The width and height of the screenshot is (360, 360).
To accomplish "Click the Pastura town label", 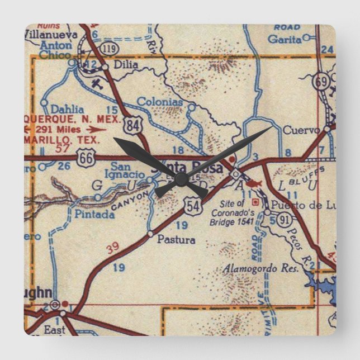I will click(x=176, y=240).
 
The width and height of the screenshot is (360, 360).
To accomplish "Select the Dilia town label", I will click(x=125, y=64).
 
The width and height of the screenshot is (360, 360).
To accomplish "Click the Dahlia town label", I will click(x=67, y=110).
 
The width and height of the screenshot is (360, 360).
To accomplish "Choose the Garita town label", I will click(x=285, y=39).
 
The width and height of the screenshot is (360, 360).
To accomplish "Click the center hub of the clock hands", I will click(x=180, y=178).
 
